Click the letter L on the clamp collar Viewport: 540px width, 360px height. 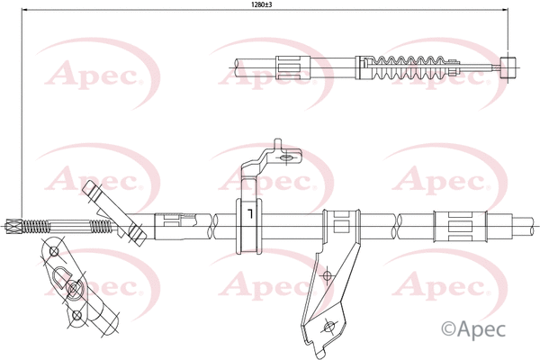pos(245,216)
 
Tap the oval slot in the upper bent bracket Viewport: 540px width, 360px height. pos(288,159)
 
